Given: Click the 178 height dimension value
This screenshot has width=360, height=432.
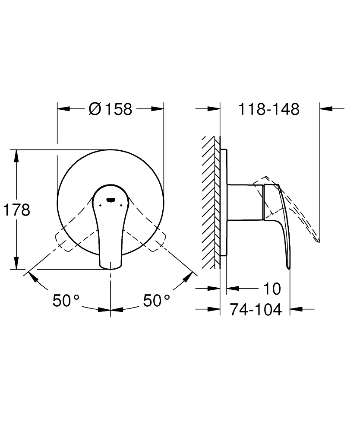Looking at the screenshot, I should [x=16, y=210].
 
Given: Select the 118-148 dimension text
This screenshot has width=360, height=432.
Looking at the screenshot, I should [x=269, y=109].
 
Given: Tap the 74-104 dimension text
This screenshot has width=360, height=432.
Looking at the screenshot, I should [x=255, y=309].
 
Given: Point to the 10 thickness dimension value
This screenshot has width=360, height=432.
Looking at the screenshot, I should [x=272, y=288].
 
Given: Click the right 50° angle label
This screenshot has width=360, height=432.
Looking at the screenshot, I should [x=157, y=300].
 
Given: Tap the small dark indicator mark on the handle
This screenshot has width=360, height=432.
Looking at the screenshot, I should [x=111, y=200].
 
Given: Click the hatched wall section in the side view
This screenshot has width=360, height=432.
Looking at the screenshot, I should [x=210, y=203].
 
